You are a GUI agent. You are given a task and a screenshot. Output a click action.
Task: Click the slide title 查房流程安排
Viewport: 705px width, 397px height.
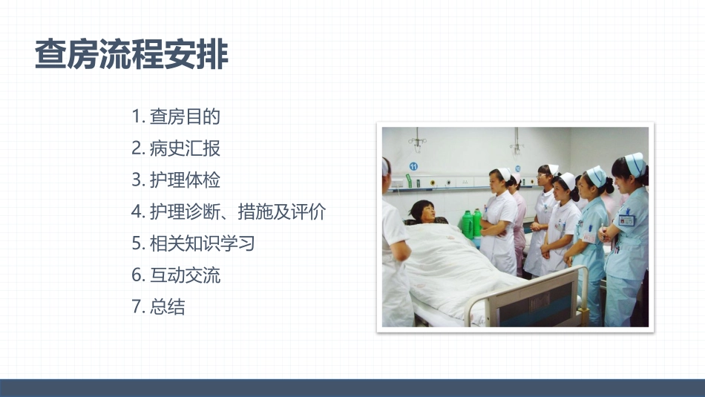click(x=131, y=54)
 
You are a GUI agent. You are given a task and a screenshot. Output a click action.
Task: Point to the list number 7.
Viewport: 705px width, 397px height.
click(x=137, y=306)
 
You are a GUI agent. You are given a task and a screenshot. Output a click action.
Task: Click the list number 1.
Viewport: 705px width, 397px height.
click(x=137, y=117)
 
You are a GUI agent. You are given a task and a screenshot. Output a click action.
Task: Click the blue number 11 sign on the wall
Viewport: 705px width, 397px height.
click(x=413, y=166)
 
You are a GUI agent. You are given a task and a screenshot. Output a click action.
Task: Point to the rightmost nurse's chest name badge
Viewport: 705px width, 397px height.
click(x=626, y=220)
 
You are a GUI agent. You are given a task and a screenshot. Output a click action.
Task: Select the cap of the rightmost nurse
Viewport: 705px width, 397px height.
click(x=635, y=164)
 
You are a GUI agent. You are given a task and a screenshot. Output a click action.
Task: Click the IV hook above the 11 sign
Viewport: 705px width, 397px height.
click(x=417, y=141)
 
